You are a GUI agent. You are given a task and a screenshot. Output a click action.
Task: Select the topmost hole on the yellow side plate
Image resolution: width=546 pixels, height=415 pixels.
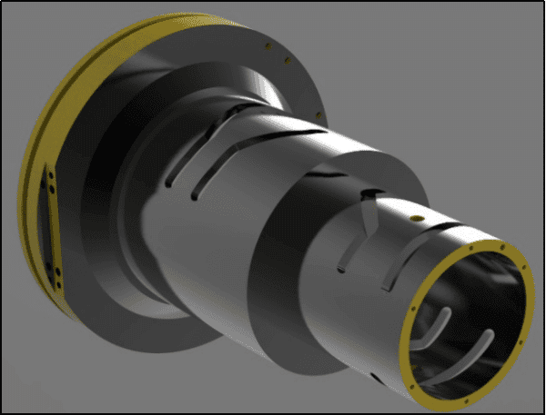[x=53, y=181]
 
